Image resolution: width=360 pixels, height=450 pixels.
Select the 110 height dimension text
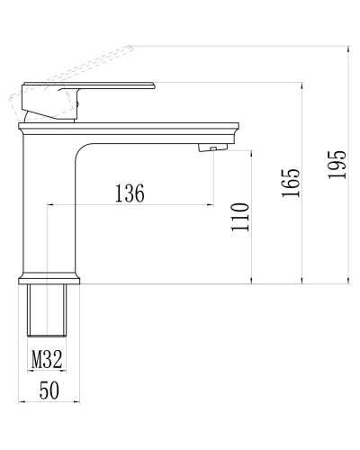point(239,217)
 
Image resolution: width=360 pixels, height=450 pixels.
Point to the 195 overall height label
point(337,165)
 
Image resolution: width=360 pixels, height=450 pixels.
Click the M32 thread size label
point(47,360)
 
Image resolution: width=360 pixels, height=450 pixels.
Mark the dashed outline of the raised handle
point(81,63)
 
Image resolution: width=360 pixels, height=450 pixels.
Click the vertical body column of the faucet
point(49,207)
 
